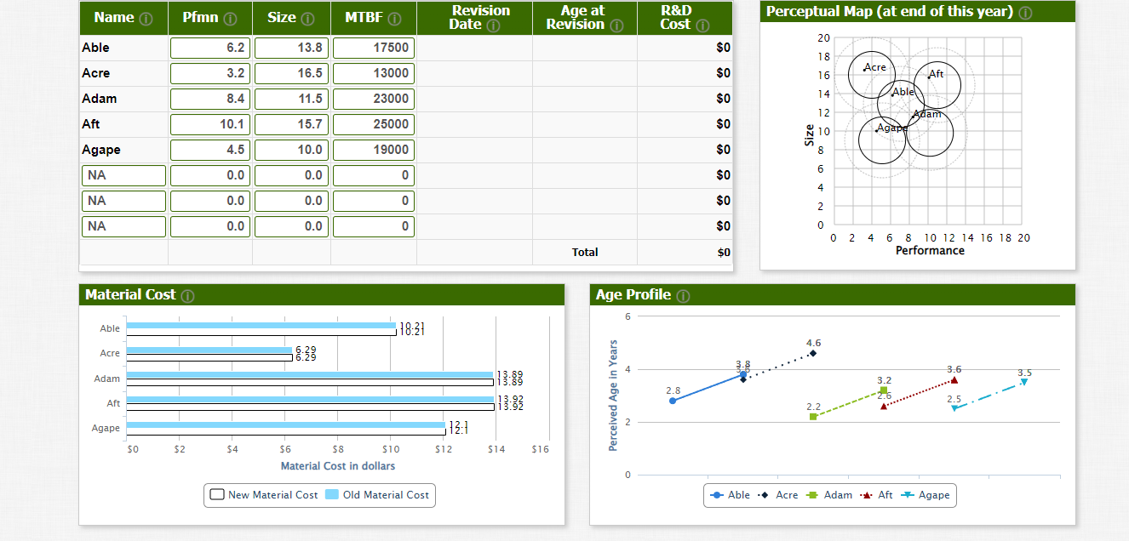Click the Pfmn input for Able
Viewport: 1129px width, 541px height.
point(210,48)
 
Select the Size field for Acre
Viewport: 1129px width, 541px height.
point(291,73)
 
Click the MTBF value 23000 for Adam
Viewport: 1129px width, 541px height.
point(374,99)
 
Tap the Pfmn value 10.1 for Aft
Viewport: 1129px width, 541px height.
point(210,124)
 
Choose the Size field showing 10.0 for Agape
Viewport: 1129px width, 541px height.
point(291,150)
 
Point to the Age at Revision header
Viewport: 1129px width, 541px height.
point(584,18)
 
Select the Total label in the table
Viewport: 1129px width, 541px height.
point(585,253)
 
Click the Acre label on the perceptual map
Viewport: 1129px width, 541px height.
point(875,67)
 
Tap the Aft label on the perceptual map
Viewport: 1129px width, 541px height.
point(937,74)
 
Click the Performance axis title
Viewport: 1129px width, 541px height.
point(930,251)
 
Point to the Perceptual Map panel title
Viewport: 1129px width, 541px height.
point(890,12)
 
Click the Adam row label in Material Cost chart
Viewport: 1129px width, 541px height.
point(107,379)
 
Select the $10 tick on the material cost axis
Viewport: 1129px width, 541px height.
point(391,448)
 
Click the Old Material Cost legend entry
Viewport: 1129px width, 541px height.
point(377,495)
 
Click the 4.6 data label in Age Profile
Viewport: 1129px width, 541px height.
point(813,343)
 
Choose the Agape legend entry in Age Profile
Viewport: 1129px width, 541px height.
point(926,495)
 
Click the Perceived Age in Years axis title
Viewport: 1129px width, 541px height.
point(613,396)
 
